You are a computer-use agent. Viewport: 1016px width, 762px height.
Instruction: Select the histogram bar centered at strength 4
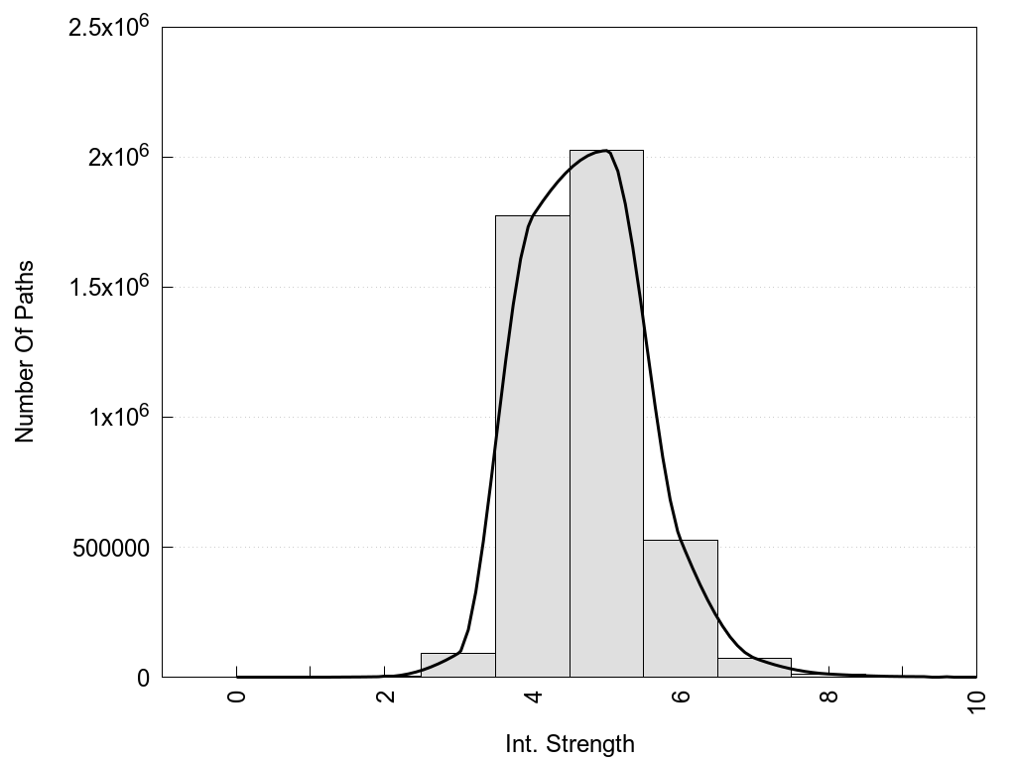tap(532, 446)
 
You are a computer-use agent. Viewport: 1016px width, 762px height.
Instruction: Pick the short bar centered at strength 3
tap(457, 665)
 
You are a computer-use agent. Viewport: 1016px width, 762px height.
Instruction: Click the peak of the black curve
tap(604, 151)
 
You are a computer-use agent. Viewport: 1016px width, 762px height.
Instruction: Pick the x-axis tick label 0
tap(236, 697)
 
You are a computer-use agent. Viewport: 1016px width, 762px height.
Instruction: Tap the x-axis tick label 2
tap(385, 697)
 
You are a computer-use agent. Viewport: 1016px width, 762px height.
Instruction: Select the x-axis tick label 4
tap(533, 697)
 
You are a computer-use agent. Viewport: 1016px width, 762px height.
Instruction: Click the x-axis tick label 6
tap(681, 697)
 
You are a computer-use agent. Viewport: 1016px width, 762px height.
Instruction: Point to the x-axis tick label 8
tap(829, 697)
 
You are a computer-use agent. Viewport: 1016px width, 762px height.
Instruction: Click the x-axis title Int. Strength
tap(570, 743)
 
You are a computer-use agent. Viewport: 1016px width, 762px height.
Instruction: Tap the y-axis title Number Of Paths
tap(25, 351)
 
